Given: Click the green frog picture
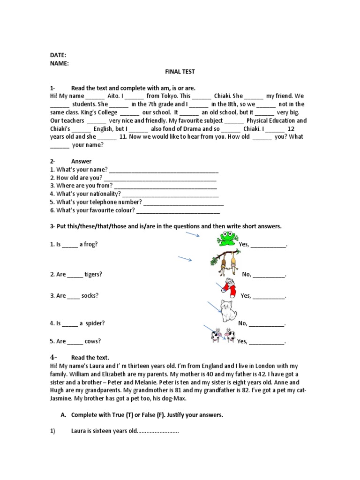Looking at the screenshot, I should pyautogui.click(x=228, y=239).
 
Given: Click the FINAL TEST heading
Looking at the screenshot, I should pyautogui.click(x=180, y=72).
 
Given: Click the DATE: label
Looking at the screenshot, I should pyautogui.click(x=58, y=55).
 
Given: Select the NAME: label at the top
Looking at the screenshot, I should pyautogui.click(x=60, y=63).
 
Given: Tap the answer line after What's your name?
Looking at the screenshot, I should pyautogui.click(x=164, y=170).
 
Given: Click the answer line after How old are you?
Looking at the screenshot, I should pyautogui.click(x=160, y=178).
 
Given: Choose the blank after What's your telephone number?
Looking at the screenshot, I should pyautogui.click(x=183, y=202).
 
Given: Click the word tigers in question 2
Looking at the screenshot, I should pyautogui.click(x=93, y=274).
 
